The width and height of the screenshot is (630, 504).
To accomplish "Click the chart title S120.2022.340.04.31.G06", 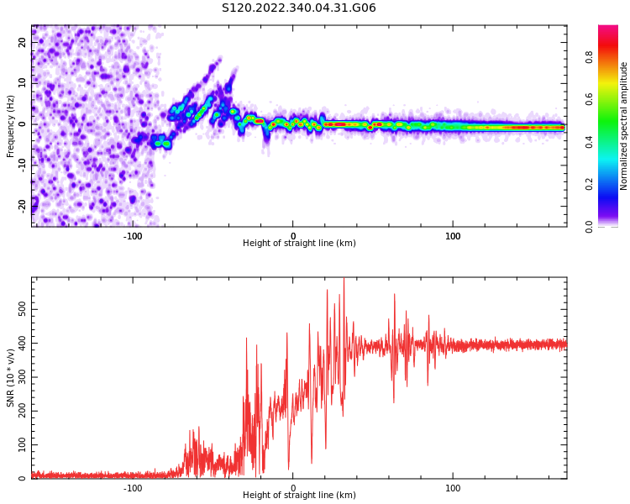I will pyautogui.click(x=298, y=8).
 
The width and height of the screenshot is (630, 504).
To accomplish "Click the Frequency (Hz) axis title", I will pyautogui.click(x=11, y=126).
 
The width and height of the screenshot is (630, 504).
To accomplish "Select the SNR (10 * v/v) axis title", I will pyautogui.click(x=11, y=377).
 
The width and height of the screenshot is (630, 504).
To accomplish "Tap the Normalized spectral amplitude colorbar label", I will pyautogui.click(x=624, y=126).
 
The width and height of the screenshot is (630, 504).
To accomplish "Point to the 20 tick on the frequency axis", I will pyautogui.click(x=24, y=43).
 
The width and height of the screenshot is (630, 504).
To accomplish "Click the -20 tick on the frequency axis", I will pyautogui.click(x=24, y=204).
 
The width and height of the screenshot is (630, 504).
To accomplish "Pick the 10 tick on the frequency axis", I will pyautogui.click(x=24, y=83).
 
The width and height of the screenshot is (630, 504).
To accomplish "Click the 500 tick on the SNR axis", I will pyautogui.click(x=24, y=310).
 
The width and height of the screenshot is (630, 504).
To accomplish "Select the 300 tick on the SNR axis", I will pyautogui.click(x=24, y=377).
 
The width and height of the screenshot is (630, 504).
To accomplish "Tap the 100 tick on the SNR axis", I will pyautogui.click(x=24, y=444).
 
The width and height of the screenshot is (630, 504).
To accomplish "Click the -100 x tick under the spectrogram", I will pyautogui.click(x=133, y=235).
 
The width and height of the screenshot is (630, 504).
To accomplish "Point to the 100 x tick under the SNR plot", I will pyautogui.click(x=453, y=487).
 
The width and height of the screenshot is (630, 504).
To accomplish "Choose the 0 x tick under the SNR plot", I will pyautogui.click(x=293, y=487).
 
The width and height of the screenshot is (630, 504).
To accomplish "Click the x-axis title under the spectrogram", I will pyautogui.click(x=299, y=244).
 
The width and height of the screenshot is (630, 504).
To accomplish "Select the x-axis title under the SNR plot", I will pyautogui.click(x=299, y=496).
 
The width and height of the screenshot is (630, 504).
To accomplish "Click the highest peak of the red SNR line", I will pyautogui.click(x=344, y=280).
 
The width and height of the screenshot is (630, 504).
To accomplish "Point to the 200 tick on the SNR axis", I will pyautogui.click(x=24, y=411).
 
